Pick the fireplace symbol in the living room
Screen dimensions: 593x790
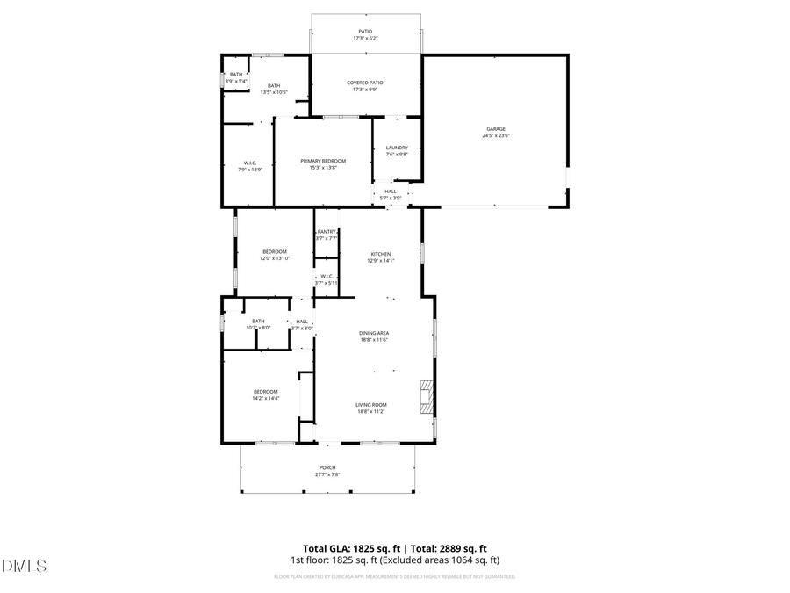427,396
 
